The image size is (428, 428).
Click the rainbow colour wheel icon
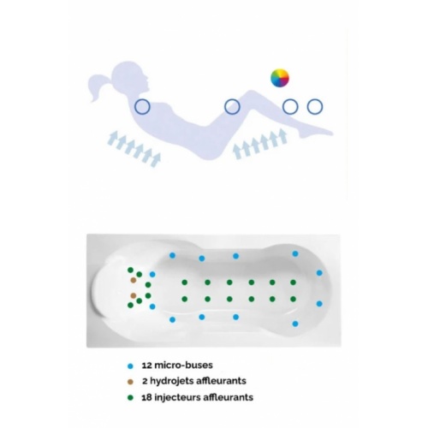[280, 78]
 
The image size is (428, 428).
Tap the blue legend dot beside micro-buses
[130, 366]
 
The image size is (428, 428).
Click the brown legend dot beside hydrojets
[130, 382]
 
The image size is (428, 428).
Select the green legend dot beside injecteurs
[130, 398]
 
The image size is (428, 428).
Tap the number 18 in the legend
[146, 397]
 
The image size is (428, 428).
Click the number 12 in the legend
[146, 366]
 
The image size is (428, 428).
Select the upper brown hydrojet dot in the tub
[133, 280]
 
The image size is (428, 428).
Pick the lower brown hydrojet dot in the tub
[133, 295]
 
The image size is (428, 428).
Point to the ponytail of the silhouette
[98, 86]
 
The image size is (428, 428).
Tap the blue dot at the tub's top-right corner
[295, 253]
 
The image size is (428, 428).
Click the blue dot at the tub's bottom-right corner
[295, 324]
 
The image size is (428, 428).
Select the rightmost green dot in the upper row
[293, 282]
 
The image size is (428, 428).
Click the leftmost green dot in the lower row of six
[185, 299]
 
